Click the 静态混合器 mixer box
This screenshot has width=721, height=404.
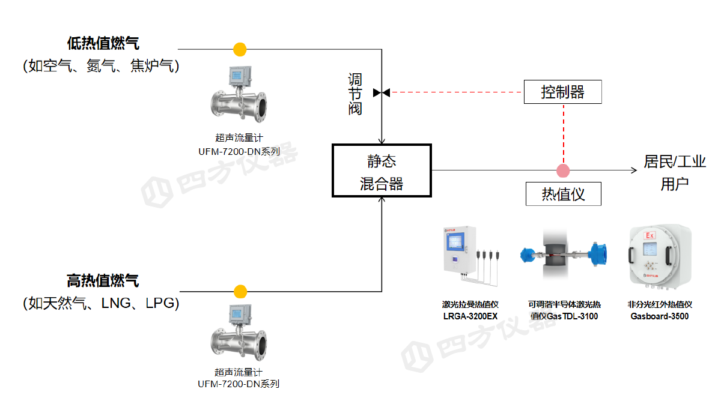coord(382,170)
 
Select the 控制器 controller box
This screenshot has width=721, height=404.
coord(562,92)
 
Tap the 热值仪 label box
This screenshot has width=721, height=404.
coord(563,194)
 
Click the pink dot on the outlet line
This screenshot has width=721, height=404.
coord(563,170)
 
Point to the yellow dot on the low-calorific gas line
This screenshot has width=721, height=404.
coord(240,49)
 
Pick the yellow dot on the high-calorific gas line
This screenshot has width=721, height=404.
coord(240,292)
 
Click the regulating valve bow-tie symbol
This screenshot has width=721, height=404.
coord(382,92)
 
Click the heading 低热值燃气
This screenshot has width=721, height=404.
coord(103,43)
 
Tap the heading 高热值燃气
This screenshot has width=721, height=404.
coord(103,280)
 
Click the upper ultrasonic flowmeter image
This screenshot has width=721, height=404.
coord(239,100)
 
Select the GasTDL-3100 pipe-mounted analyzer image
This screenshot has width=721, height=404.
coord(562,255)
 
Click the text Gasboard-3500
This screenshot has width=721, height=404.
coord(659,316)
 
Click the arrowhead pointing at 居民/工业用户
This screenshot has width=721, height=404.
coord(633,170)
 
